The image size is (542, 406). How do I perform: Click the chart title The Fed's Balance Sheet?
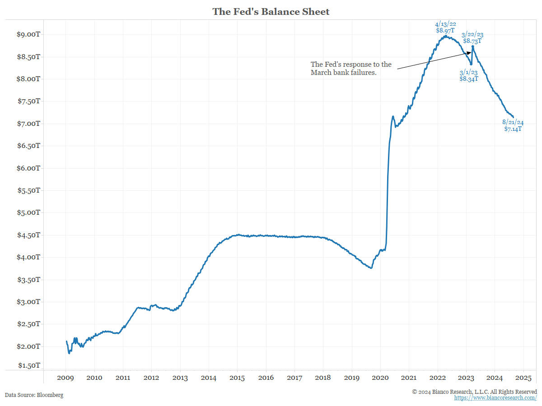pos(271,12)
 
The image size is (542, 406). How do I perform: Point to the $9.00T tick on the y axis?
pos(29,34)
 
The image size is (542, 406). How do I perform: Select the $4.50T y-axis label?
pos(29,235)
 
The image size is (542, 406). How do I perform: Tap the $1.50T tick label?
pos(29,365)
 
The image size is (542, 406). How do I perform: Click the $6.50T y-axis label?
pos(29,146)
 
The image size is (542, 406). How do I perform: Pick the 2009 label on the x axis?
pos(65,378)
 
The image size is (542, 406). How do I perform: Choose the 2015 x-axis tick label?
pos(237,378)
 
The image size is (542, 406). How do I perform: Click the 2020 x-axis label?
pos(380,378)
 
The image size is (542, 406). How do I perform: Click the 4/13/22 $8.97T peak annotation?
pos(445,27)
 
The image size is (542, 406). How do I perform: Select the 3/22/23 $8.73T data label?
pos(472,37)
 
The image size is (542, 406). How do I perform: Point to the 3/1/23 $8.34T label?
pos(469,75)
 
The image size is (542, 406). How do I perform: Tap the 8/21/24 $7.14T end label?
pos(513,125)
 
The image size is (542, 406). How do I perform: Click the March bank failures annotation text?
pos(351,69)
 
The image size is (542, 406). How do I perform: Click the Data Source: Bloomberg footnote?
pos(34,395)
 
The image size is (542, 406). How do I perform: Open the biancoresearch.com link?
pos(495,398)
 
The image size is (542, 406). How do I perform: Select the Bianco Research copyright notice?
pos(475,392)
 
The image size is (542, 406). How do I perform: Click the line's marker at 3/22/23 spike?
pos(473,46)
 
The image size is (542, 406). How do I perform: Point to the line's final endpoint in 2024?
pos(513,117)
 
